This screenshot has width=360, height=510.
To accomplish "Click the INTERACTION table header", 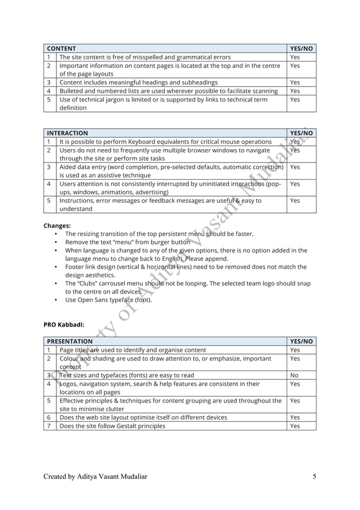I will [x=67, y=133].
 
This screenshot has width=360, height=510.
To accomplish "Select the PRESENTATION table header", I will [x=70, y=341].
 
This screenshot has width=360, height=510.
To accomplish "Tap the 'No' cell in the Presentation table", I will [x=294, y=375].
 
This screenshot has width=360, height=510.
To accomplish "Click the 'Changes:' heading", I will [x=57, y=225].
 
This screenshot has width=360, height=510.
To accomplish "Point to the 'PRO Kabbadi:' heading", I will [x=64, y=324].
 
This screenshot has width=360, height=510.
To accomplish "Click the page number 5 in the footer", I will [x=314, y=477].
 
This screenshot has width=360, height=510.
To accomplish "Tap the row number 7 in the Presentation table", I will [x=49, y=426].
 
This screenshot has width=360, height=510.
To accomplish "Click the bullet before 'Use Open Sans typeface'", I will [x=56, y=300].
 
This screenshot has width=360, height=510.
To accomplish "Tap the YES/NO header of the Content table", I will [x=301, y=49].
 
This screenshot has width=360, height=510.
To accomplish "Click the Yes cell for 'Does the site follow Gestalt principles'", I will [x=295, y=426].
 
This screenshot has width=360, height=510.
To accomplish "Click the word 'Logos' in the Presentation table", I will [x=69, y=383].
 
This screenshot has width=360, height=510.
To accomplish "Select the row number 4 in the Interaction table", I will [x=49, y=184].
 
